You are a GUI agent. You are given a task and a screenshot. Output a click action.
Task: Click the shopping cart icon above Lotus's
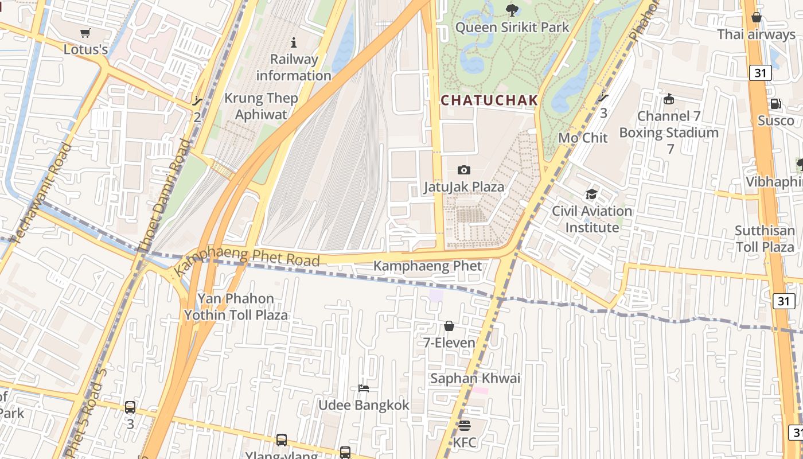[x=85, y=33]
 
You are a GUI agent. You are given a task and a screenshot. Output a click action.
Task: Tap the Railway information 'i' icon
[x=294, y=42]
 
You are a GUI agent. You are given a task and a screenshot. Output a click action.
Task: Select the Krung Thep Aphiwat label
[x=261, y=106]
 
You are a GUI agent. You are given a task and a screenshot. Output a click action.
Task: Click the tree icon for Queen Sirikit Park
[x=512, y=10]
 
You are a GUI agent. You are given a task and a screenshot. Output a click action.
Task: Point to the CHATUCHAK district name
[x=489, y=100]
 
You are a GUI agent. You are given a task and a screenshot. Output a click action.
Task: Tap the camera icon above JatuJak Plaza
[x=464, y=170]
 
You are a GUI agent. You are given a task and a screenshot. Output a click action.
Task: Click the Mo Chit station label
[x=583, y=138]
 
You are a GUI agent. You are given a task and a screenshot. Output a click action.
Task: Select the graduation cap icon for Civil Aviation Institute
[x=591, y=194]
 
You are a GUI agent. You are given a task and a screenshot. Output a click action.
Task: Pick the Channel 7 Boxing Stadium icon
[x=668, y=99]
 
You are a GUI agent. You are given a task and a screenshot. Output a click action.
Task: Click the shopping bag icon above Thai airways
[x=756, y=17]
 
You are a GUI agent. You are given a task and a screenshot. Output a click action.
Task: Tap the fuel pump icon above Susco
[x=775, y=104]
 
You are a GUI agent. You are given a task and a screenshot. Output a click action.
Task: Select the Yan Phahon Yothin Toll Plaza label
[x=236, y=307]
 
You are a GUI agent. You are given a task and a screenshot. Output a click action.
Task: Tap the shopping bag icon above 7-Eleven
[x=449, y=326]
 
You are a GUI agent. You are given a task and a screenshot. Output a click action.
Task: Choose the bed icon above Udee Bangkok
[x=364, y=388]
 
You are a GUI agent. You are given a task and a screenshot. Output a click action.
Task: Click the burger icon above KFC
[x=464, y=426]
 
